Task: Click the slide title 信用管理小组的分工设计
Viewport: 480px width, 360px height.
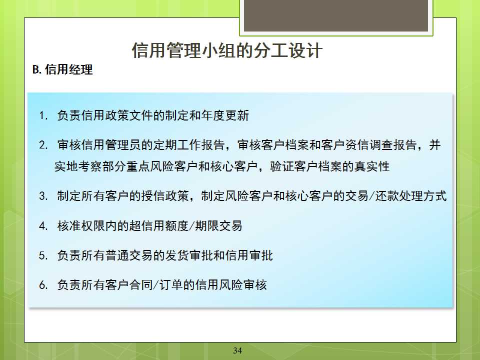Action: pos(227,50)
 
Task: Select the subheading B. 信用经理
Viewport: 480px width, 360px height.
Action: pos(62,70)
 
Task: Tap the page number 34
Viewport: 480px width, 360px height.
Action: pos(237,350)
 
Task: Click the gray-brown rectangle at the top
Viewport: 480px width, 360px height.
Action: pos(336,15)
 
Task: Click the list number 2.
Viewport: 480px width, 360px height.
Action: pos(43,145)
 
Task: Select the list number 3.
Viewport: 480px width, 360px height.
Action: pos(43,196)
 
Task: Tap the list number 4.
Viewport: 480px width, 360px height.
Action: pos(43,226)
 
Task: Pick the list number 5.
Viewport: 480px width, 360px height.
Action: pos(43,255)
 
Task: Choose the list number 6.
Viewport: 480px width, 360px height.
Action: pos(43,285)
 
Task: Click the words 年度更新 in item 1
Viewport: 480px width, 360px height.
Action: pos(225,115)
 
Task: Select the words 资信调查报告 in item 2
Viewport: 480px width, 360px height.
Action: pos(381,145)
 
